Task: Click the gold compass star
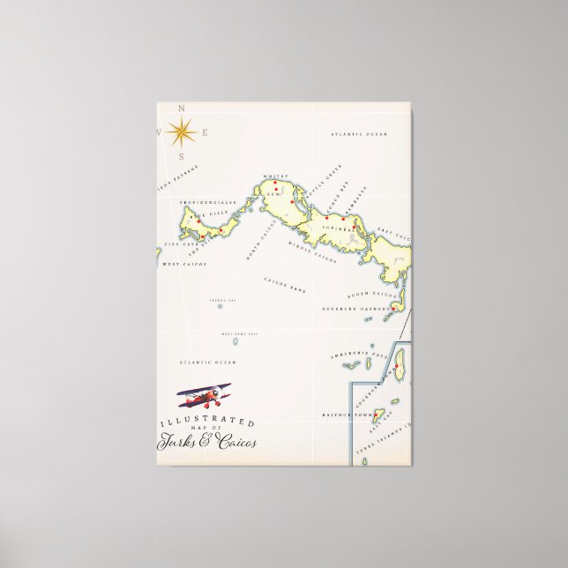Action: pos(182,132)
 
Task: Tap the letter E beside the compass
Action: pos(206,133)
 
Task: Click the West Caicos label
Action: pos(184,264)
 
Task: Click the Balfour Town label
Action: pos(336,411)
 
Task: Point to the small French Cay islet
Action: pos(220,306)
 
